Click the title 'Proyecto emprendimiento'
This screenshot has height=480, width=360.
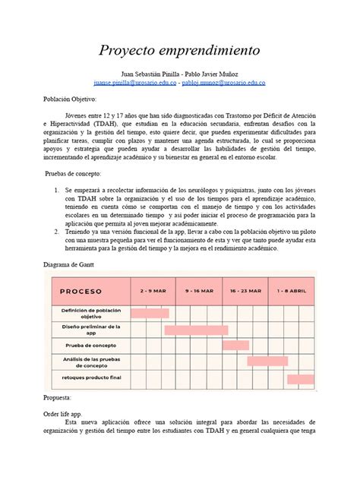(x=180, y=50)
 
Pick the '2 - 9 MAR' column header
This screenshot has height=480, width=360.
(x=153, y=291)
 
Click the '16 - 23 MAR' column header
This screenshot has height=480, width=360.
(x=245, y=291)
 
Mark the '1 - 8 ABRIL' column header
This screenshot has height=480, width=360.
(x=292, y=291)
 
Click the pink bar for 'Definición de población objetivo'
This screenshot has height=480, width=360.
(x=150, y=312)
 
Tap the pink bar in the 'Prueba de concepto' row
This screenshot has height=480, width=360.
(x=222, y=346)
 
